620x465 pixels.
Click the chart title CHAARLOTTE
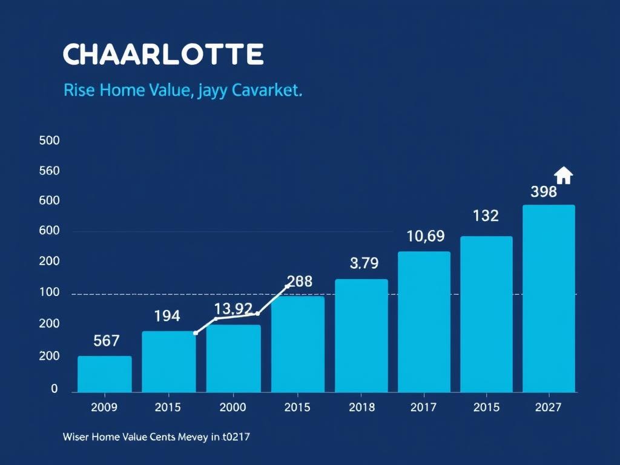[163, 54]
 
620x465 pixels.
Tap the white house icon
[563, 175]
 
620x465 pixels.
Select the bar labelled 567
[105, 374]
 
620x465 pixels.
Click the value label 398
[543, 192]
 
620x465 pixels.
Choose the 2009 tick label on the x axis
[105, 407]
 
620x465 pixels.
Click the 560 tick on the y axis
[49, 171]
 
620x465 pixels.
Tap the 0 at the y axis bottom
[54, 389]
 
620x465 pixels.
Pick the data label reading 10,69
[425, 236]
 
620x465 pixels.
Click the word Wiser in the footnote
[76, 436]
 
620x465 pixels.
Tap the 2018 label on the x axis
[362, 407]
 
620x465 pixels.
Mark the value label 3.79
[364, 263]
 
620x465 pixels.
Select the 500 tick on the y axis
[49, 140]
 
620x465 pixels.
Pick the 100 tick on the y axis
[49, 292]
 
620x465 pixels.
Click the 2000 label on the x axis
[232, 407]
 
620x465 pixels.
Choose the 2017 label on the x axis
[423, 407]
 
